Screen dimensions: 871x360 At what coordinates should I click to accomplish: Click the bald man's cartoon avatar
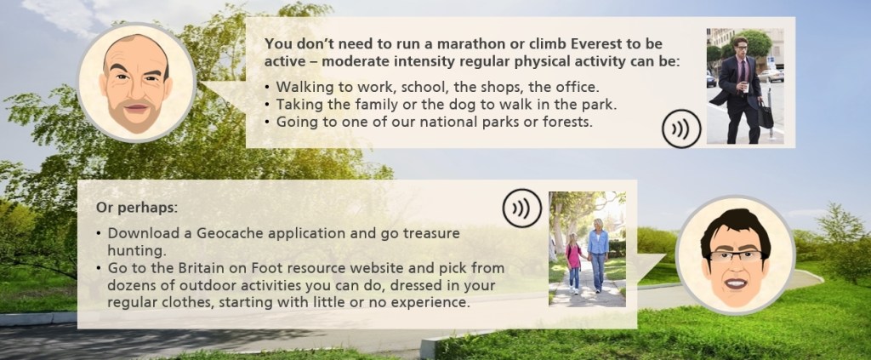point(137,83)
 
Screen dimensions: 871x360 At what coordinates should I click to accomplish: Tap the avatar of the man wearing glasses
point(736,255)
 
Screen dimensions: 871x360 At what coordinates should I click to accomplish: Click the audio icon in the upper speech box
point(681,129)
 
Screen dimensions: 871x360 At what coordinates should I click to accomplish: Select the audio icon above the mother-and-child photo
point(521,209)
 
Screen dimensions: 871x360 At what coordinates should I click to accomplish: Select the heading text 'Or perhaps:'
point(137,209)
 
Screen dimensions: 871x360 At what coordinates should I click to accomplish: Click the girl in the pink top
point(573,261)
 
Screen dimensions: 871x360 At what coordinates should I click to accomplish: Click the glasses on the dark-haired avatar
point(735,255)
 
